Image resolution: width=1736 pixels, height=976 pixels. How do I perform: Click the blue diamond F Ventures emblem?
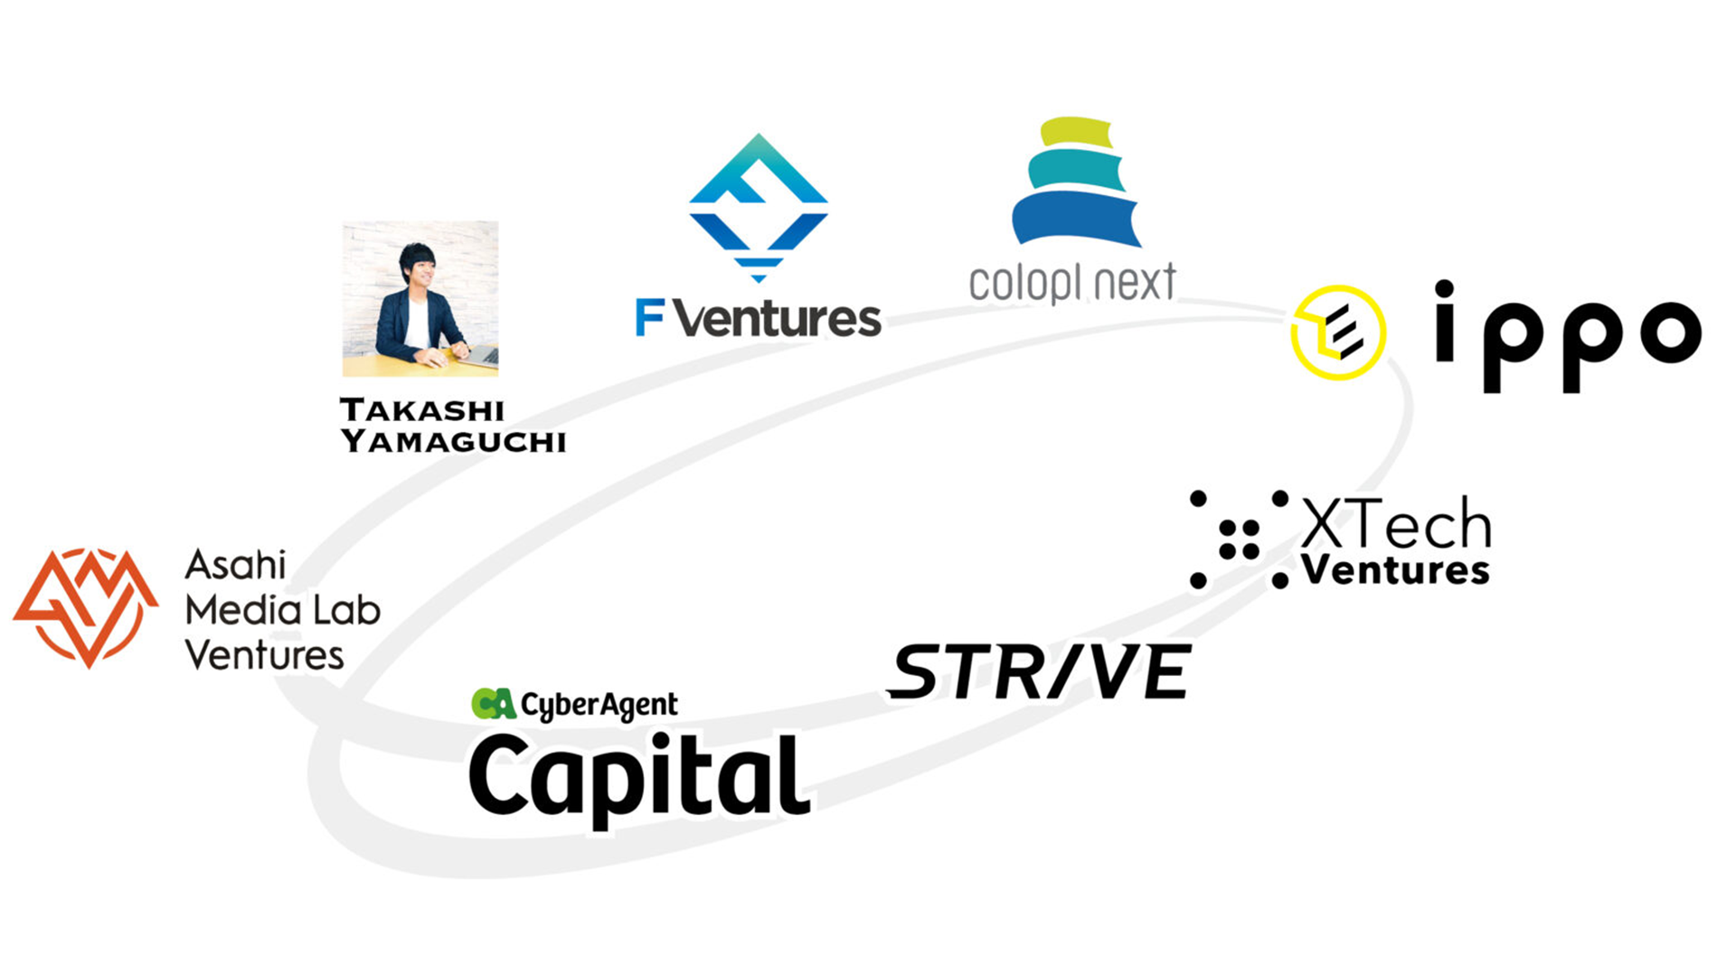758,208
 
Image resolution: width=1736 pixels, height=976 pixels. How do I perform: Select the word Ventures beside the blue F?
777,319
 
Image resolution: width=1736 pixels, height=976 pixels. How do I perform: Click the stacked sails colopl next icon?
1074,183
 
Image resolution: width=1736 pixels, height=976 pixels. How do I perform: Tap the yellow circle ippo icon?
1337,332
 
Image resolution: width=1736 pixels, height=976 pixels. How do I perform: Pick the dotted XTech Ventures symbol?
1239,540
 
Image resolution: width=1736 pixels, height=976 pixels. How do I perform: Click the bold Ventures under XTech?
1395,571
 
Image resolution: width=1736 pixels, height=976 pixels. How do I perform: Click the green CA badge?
494,703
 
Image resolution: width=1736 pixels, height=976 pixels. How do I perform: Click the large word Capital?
638,776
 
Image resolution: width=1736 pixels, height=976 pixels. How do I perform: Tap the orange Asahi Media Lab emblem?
86,606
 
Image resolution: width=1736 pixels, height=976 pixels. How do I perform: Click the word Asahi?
235,566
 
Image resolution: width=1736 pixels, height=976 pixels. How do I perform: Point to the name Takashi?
422,410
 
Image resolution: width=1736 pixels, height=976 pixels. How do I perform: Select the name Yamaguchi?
453,441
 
